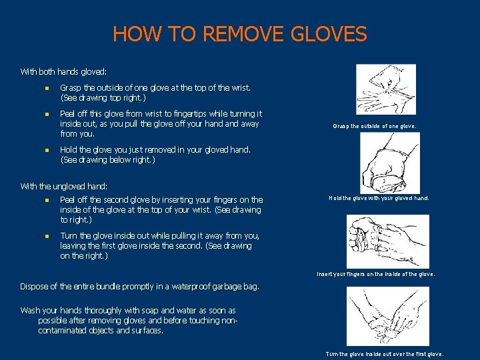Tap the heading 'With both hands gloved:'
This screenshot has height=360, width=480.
(63, 71)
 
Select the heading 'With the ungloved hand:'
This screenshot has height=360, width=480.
(64, 186)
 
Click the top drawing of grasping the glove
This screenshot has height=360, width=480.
(386, 89)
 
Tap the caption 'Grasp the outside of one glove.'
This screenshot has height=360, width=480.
(384, 126)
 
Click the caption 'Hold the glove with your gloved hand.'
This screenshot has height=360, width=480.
(379, 198)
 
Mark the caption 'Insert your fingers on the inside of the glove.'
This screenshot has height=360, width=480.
(376, 273)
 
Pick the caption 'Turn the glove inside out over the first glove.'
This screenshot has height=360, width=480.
(384, 354)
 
